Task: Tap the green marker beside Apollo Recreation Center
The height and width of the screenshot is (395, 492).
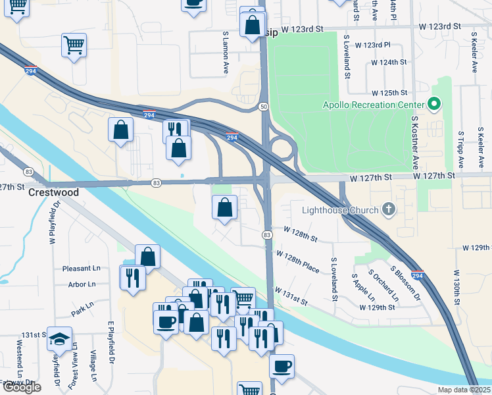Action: tap(433, 105)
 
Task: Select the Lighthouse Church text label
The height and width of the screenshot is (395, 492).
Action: tap(340, 211)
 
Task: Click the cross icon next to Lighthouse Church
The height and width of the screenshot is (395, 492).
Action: tap(389, 210)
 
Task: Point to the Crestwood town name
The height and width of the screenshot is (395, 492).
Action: tap(53, 193)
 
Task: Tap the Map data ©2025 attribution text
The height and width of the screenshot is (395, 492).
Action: tap(464, 390)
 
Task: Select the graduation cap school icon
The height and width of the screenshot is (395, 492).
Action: tap(59, 338)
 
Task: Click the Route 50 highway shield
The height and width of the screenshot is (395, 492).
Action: tap(263, 106)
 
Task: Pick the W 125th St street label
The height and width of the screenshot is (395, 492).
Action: tap(389, 93)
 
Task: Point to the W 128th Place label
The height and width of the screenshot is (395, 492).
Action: tap(297, 261)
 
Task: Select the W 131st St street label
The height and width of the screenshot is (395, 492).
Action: tap(291, 296)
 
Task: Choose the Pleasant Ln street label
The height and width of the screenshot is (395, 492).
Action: tap(82, 269)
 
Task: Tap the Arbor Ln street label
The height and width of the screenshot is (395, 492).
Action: tap(82, 284)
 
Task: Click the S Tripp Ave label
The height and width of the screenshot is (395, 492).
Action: tap(460, 149)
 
